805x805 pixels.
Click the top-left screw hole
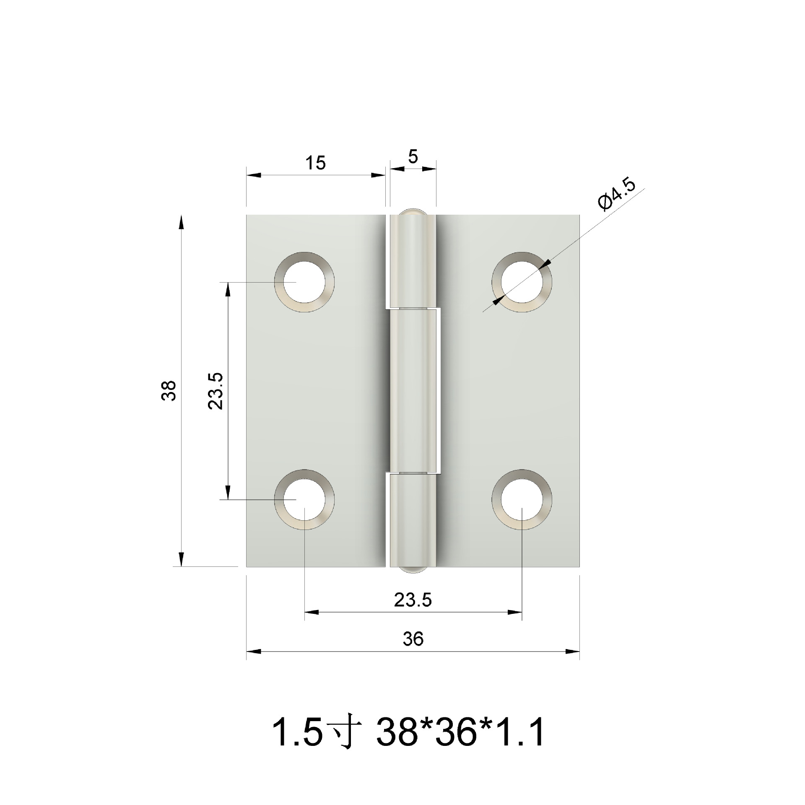coord(304,282)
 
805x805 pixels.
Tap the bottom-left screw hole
coord(304,499)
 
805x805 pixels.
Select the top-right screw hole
coord(522,282)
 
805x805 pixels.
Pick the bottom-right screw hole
coord(522,499)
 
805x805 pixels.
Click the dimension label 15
coord(315,163)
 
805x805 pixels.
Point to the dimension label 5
coord(413,157)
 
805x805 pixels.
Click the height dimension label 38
coord(169,391)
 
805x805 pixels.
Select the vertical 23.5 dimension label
coord(217,391)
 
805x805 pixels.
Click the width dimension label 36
coord(413,639)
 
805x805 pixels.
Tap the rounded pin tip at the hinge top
coord(413,211)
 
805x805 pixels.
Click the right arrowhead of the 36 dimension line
coord(573,652)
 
